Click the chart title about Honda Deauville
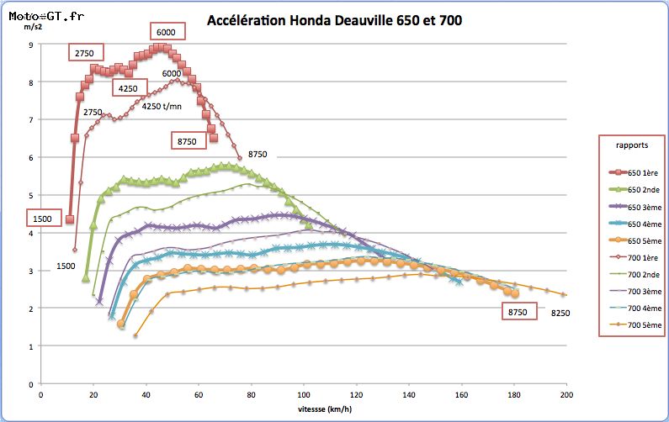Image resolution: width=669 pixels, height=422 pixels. tap(335, 20)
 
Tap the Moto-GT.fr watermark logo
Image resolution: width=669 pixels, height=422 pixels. tap(46, 16)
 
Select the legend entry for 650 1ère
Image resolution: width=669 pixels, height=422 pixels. tap(634, 172)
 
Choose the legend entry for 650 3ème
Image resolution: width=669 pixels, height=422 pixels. tap(635, 207)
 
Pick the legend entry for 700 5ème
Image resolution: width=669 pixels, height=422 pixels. tap(635, 324)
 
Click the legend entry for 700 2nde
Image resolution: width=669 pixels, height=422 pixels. tap(634, 275)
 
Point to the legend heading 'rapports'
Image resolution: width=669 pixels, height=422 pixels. tap(632, 145)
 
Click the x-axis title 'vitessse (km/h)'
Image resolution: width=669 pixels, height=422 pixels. tap(325, 409)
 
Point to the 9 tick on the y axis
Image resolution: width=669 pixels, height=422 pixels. tap(31, 45)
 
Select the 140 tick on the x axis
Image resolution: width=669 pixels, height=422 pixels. tap(409, 395)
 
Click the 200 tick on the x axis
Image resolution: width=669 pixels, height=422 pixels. tap(566, 395)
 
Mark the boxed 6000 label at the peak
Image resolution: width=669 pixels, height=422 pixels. tap(167, 32)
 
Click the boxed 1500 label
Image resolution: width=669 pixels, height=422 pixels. tap(44, 219)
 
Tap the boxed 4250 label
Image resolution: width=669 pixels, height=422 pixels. tap(130, 88)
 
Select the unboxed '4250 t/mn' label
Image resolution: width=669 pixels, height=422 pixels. tap(162, 106)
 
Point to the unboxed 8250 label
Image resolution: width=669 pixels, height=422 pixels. tap(560, 313)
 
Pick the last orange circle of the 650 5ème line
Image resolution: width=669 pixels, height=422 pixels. tap(514, 293)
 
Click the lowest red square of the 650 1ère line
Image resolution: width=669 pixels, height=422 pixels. tap(70, 219)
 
